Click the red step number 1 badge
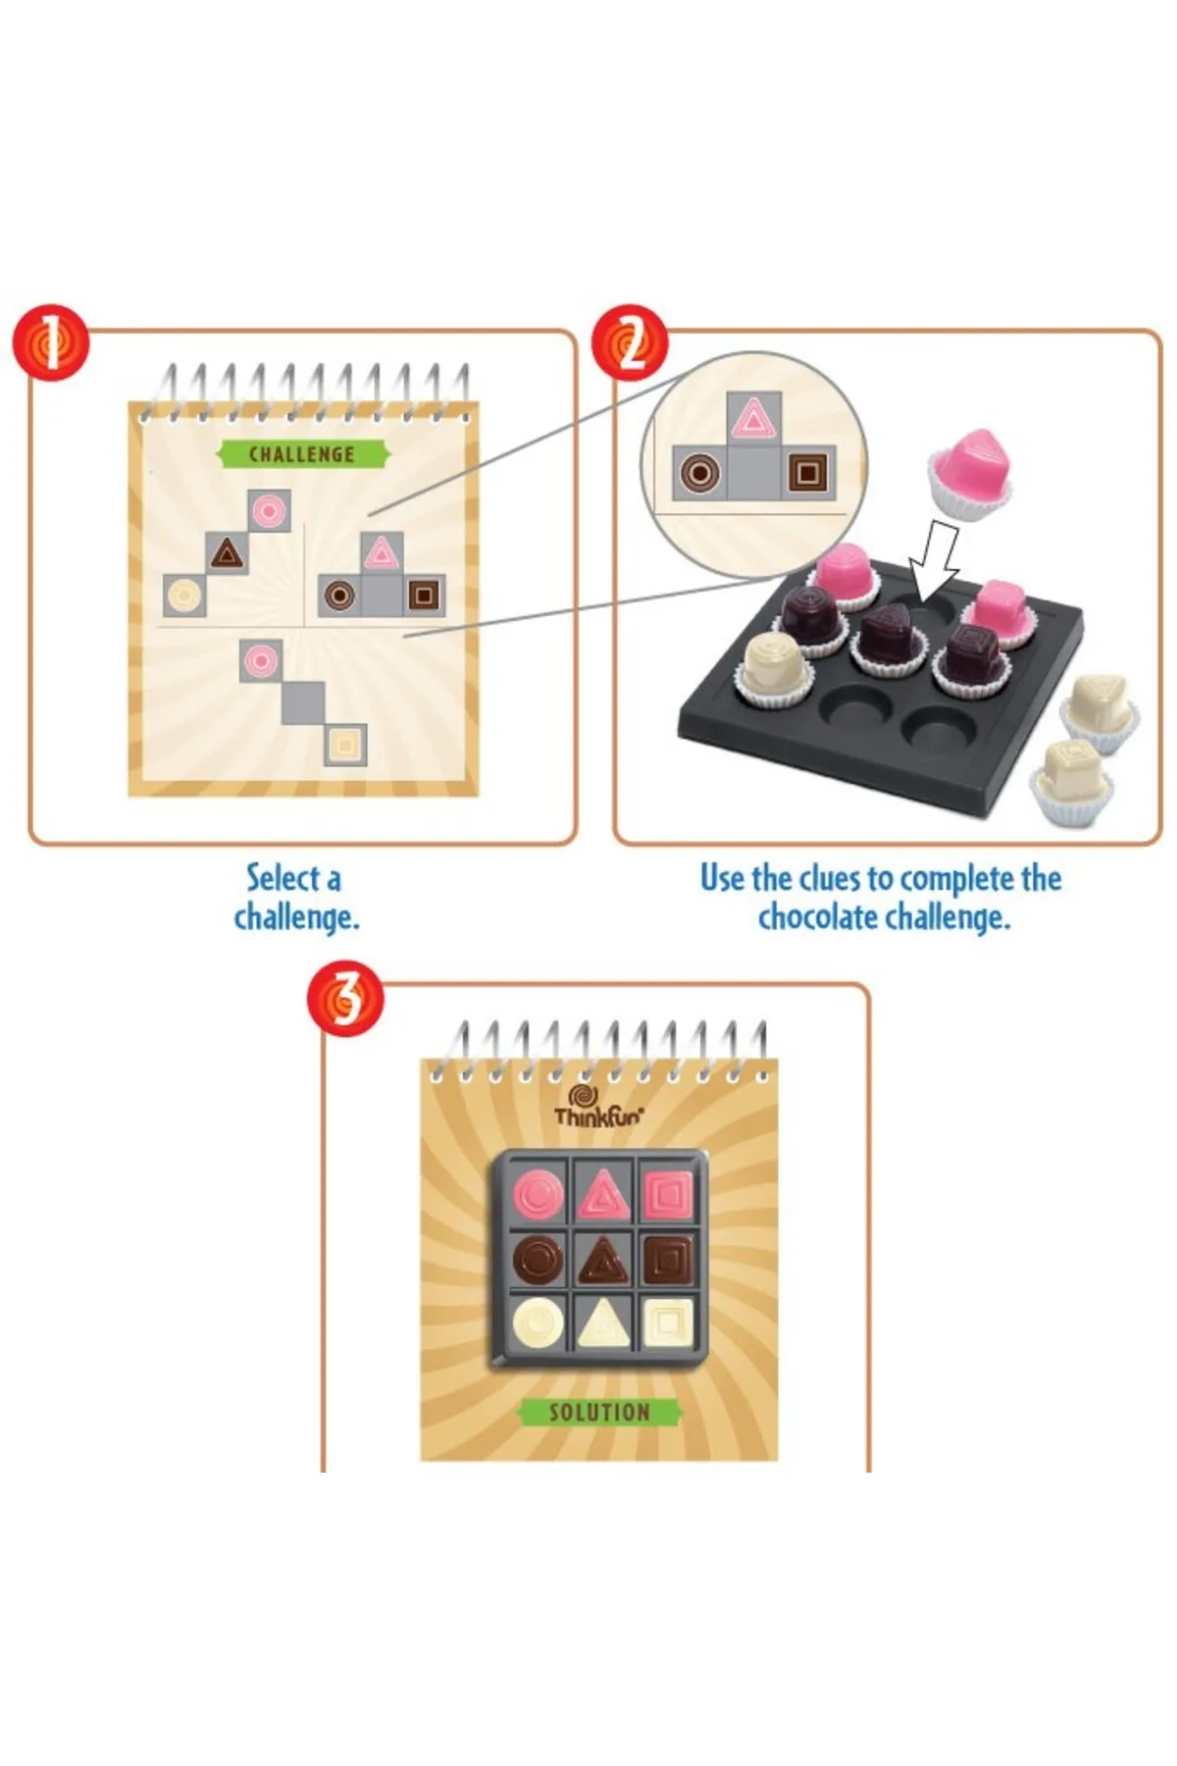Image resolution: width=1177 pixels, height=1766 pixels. click(x=50, y=344)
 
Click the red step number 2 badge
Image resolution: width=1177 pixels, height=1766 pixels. click(x=630, y=344)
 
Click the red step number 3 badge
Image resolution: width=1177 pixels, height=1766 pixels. click(x=344, y=998)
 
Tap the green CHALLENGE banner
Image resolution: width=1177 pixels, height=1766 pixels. click(x=302, y=454)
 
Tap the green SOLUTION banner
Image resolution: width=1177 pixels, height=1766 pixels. click(x=599, y=1412)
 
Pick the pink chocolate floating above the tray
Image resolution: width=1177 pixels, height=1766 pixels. click(x=971, y=469)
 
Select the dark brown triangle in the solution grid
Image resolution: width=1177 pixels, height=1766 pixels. click(x=602, y=1260)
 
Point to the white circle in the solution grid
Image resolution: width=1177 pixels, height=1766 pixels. click(x=538, y=1322)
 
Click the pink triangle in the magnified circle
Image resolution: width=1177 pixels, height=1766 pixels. click(x=753, y=417)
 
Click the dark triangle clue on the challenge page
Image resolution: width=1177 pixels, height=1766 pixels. click(x=227, y=553)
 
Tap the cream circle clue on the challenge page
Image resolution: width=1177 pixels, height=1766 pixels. click(x=184, y=595)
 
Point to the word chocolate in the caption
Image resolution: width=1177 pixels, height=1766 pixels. click(x=817, y=918)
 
